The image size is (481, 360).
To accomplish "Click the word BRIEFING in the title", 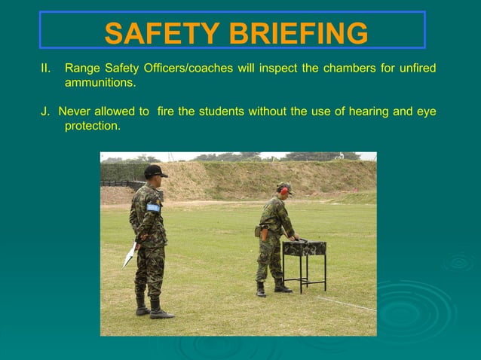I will click(295, 33).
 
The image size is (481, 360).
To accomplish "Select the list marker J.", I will click(45, 111).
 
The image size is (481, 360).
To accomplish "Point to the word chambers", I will click(348, 69).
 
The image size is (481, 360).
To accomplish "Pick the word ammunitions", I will click(100, 83).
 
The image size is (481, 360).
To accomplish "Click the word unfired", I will click(416, 69).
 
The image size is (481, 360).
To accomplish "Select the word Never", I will click(75, 111).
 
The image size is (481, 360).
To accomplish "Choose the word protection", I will click(92, 126).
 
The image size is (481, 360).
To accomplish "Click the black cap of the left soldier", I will click(155, 170).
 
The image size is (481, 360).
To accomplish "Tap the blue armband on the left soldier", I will click(153, 207).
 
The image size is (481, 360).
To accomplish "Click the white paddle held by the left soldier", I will click(130, 255).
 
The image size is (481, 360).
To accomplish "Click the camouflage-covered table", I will click(305, 248).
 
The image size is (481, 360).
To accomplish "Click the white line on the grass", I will click(347, 304).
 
